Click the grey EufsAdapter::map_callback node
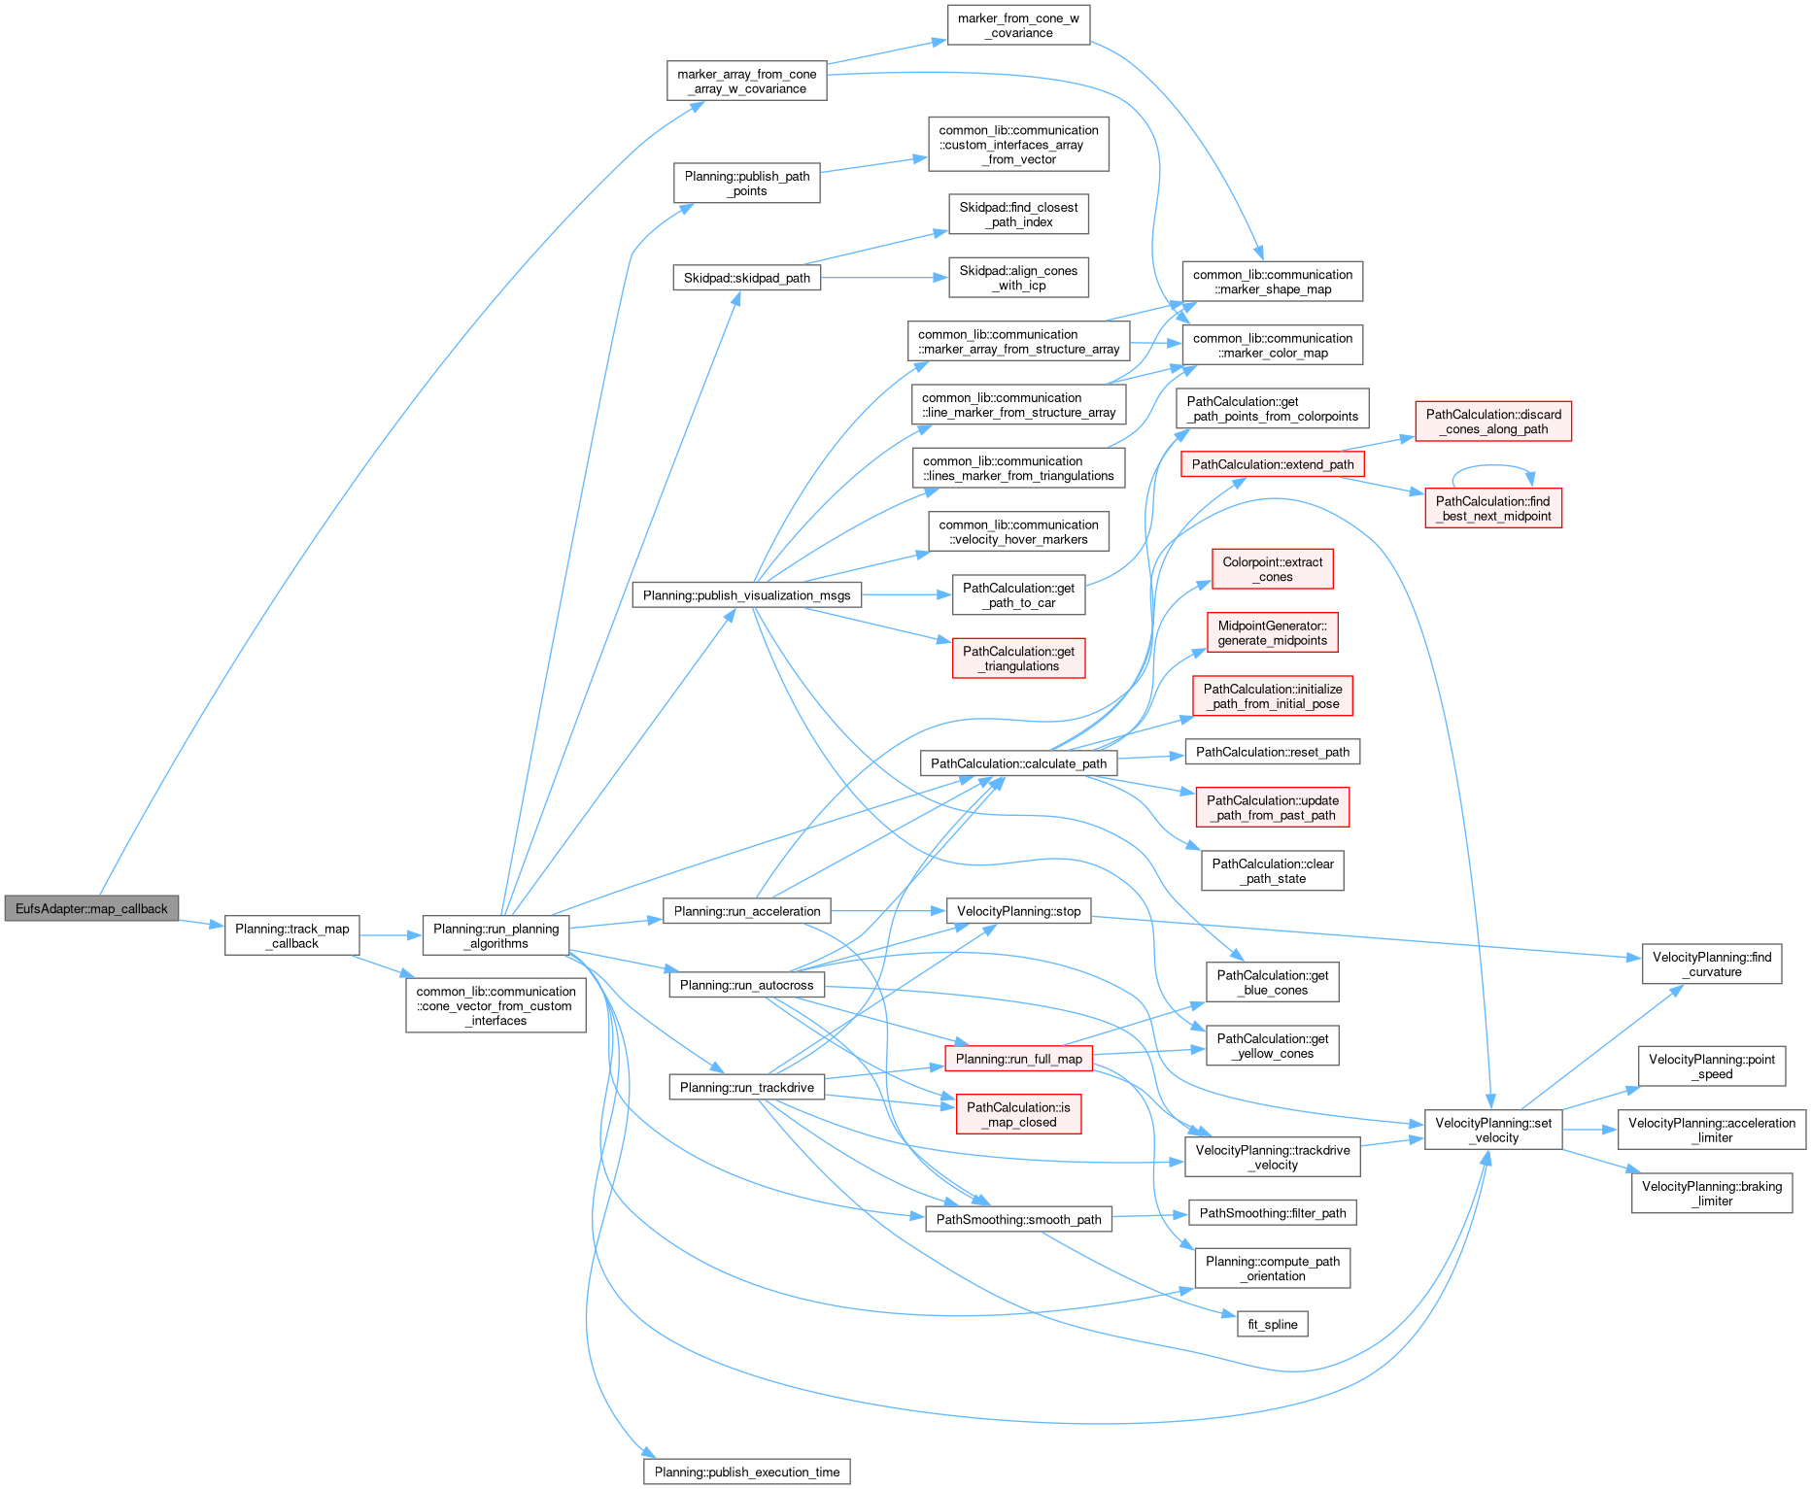click(91, 909)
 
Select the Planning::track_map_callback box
click(291, 935)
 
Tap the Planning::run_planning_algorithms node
click(495, 935)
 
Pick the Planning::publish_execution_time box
click(746, 1472)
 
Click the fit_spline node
click(1272, 1324)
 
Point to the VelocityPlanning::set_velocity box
click(1492, 1130)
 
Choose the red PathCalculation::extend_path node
click(1272, 464)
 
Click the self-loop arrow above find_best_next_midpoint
click(1493, 470)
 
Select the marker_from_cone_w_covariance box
click(1017, 25)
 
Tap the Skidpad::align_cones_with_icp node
click(1017, 278)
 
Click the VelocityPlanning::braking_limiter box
click(1711, 1193)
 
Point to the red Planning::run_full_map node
click(1018, 1059)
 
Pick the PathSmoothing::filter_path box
click(1272, 1212)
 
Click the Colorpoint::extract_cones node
click(1272, 569)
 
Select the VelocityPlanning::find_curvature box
click(1711, 964)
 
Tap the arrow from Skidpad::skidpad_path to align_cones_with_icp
click(884, 278)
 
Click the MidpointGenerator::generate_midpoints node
click(1272, 632)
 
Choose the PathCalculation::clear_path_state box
click(1272, 871)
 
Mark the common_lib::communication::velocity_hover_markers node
click(1017, 532)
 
